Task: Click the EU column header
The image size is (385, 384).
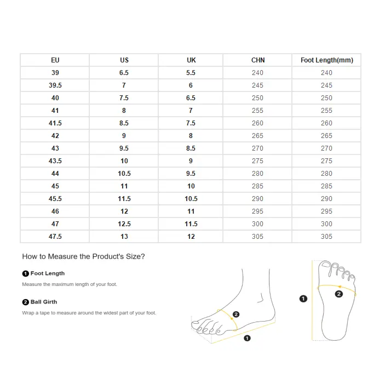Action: click(55, 60)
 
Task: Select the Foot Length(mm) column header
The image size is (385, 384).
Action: click(326, 60)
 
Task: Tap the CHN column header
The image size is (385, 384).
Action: click(257, 60)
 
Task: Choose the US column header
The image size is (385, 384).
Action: click(124, 60)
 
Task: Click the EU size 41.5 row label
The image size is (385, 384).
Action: click(55, 123)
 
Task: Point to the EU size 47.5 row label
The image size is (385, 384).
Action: click(55, 237)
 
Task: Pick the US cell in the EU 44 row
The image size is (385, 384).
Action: click(124, 174)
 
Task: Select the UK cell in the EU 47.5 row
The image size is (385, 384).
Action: click(191, 237)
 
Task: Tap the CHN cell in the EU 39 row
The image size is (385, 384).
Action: click(257, 73)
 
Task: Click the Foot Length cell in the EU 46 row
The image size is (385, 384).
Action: click(326, 211)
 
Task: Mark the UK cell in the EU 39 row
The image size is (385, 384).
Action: click(191, 73)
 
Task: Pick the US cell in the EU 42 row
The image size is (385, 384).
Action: click(124, 136)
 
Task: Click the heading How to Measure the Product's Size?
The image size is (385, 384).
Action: click(83, 256)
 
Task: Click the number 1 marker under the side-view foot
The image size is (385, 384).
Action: click(247, 339)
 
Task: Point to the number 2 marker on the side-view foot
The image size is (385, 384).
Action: click(236, 314)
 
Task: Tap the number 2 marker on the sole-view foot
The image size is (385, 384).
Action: click(338, 294)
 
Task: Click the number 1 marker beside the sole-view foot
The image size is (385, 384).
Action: click(303, 299)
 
